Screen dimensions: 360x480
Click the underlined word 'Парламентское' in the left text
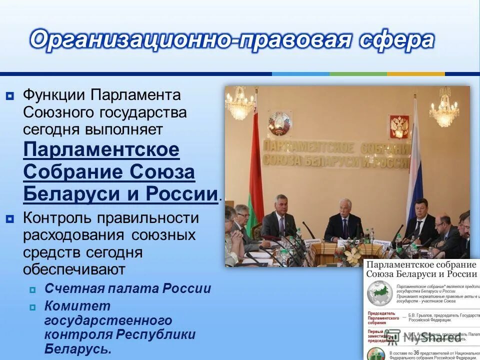[x=101, y=150]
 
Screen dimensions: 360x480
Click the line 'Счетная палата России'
[x=127, y=288]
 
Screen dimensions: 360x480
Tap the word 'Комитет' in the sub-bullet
[x=77, y=305]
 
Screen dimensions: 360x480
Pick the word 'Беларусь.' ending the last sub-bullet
[x=77, y=348]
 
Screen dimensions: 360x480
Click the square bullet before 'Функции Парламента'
[x=10, y=95]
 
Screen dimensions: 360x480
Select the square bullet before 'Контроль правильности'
[x=10, y=218]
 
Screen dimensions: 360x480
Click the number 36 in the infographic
[x=416, y=352]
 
